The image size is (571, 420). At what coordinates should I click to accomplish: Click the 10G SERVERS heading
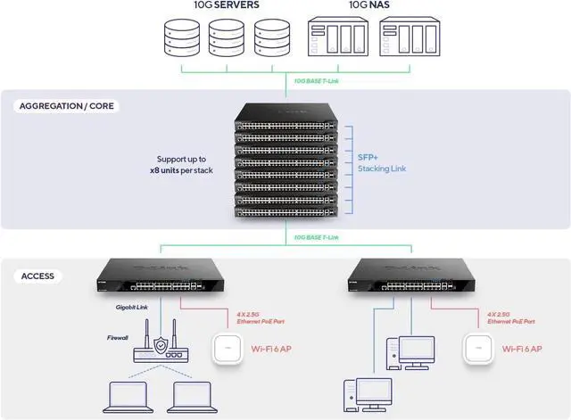[x=227, y=5]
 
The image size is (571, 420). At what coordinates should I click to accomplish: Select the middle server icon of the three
[x=227, y=39]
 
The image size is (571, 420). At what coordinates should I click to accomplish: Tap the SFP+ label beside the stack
[x=368, y=155]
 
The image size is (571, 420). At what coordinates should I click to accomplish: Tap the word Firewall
[x=119, y=338]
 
